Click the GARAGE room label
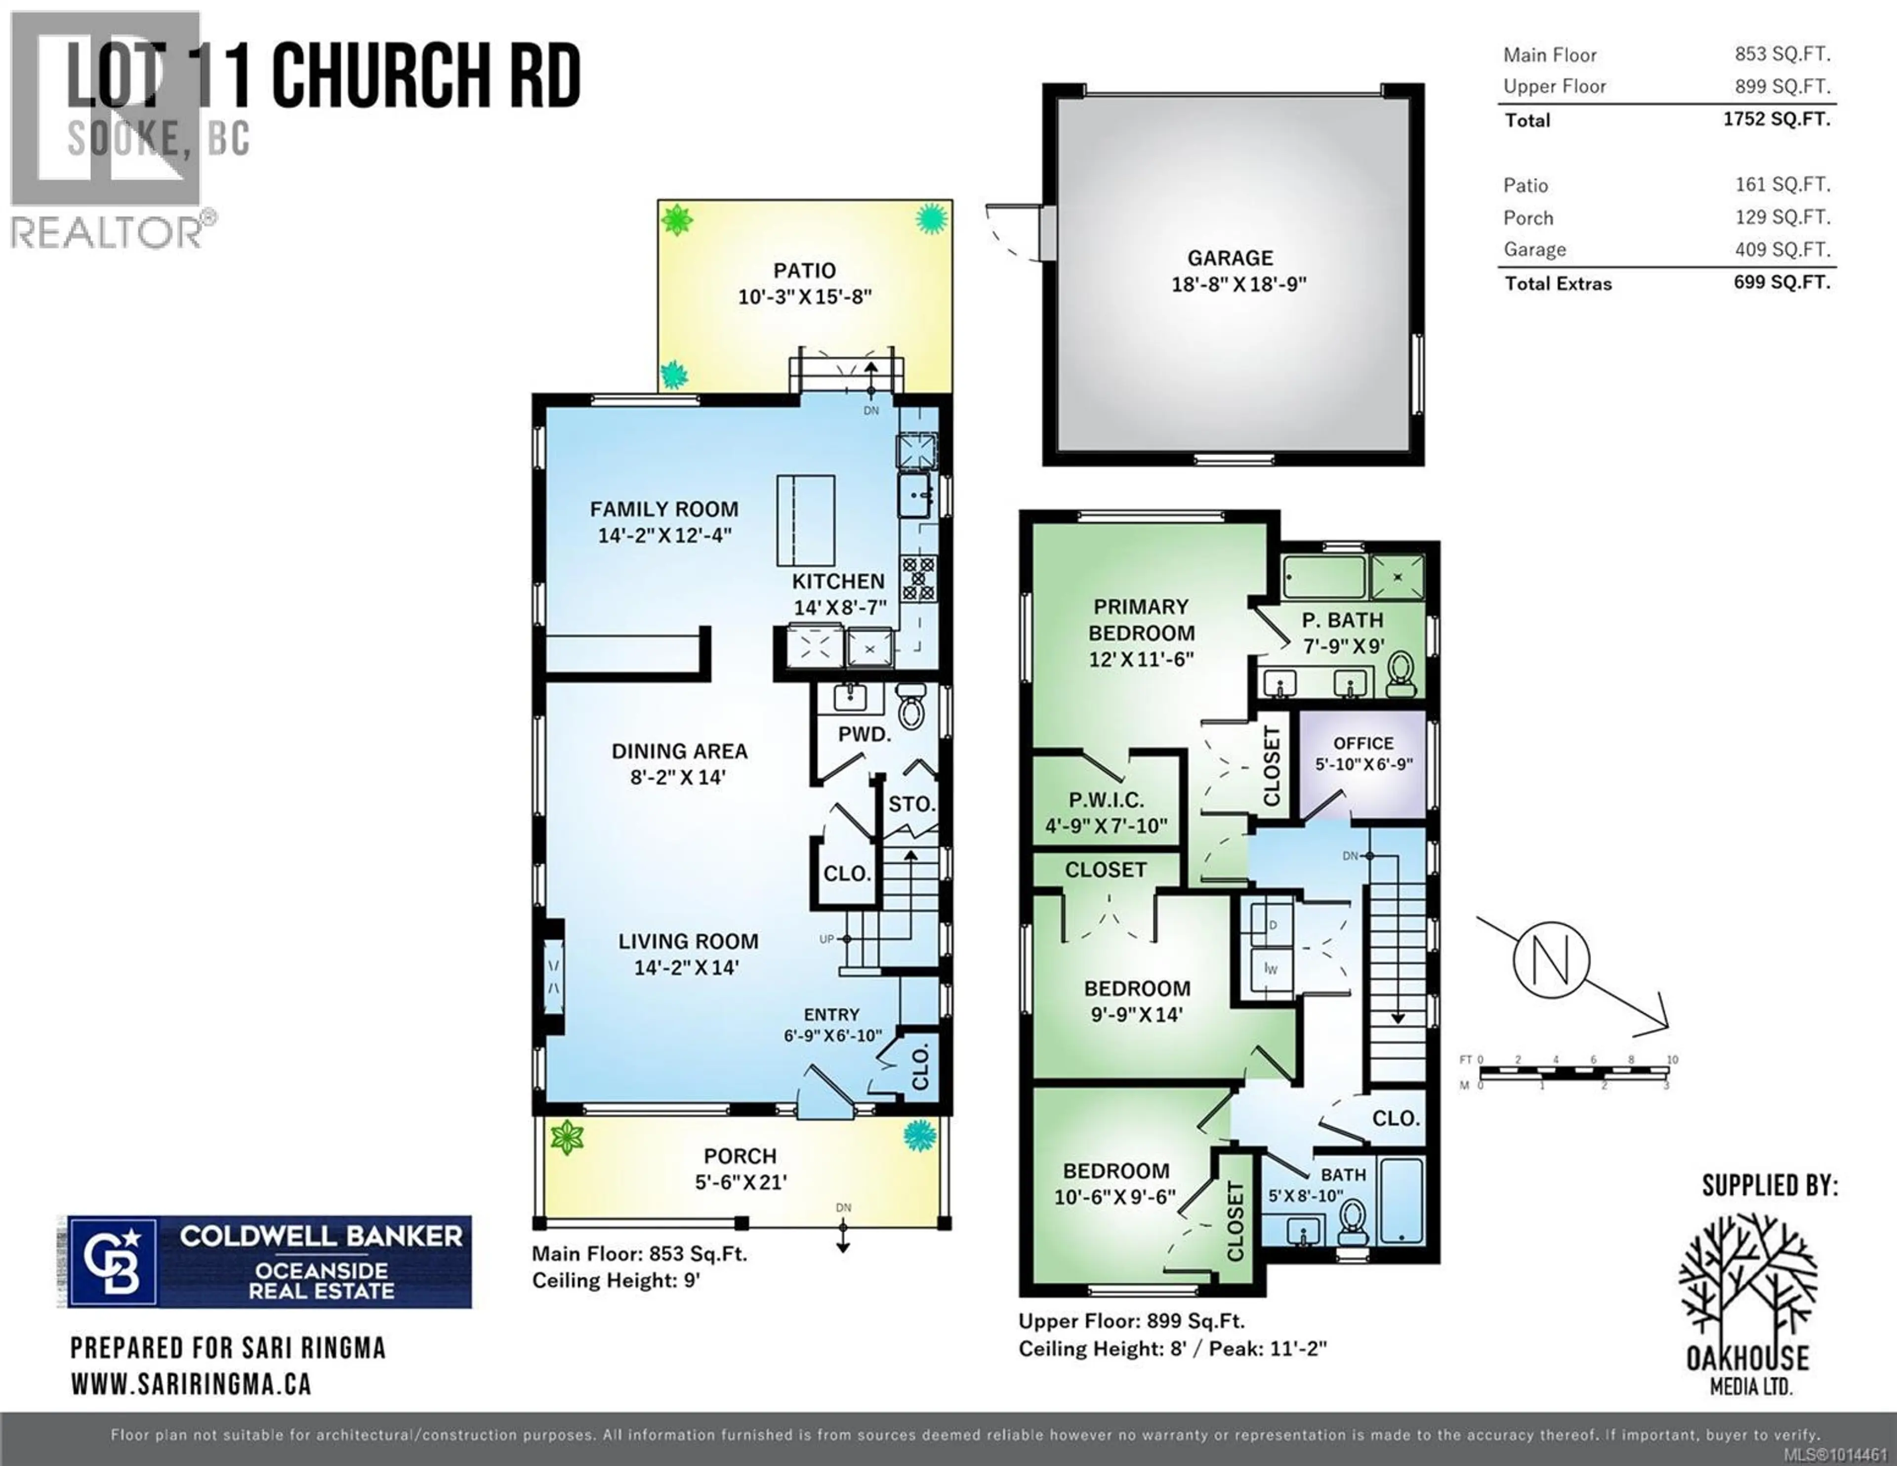click(1230, 258)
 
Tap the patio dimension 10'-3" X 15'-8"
click(804, 297)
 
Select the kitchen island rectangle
click(805, 520)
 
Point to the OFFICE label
click(1363, 744)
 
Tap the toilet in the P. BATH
click(1400, 673)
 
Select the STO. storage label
click(911, 805)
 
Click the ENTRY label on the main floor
click(831, 1014)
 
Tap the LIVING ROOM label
click(688, 941)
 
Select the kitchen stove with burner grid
click(918, 578)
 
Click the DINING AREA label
click(679, 751)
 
